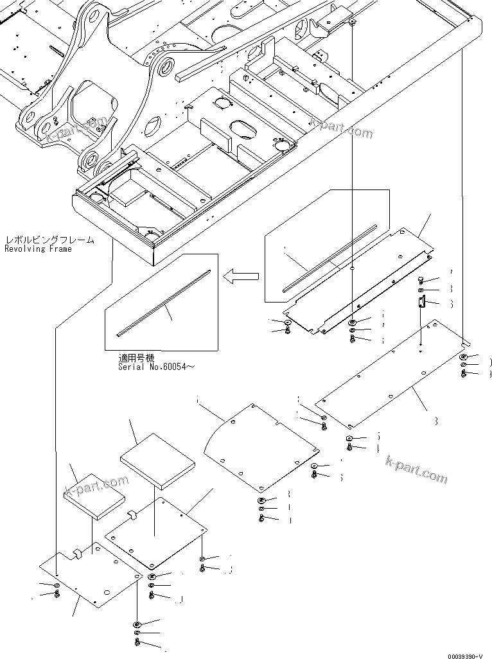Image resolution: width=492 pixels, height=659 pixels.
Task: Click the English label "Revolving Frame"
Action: tap(39, 249)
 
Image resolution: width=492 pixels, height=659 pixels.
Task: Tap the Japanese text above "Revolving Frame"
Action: tap(49, 240)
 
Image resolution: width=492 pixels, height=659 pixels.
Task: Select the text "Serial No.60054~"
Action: tap(155, 367)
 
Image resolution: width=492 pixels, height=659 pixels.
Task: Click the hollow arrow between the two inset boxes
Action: tap(242, 277)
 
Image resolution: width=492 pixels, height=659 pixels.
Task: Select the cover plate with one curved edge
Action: tap(257, 446)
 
